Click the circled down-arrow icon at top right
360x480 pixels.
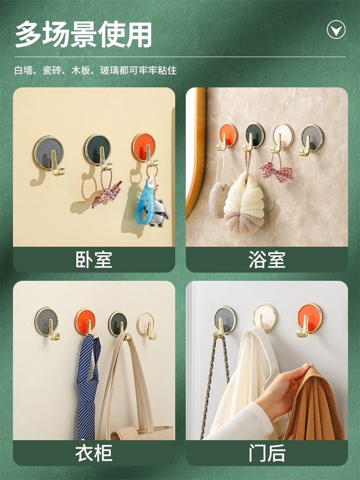[x=336, y=29]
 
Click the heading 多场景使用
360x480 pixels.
[x=84, y=34]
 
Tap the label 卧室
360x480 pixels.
[x=94, y=260]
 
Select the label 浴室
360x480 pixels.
[x=266, y=260]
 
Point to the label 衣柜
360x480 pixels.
[x=94, y=453]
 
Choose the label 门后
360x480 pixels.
[x=266, y=453]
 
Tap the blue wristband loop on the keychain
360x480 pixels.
[x=144, y=202]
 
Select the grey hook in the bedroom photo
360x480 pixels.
[x=49, y=155]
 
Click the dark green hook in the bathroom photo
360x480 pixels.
[x=254, y=137]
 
